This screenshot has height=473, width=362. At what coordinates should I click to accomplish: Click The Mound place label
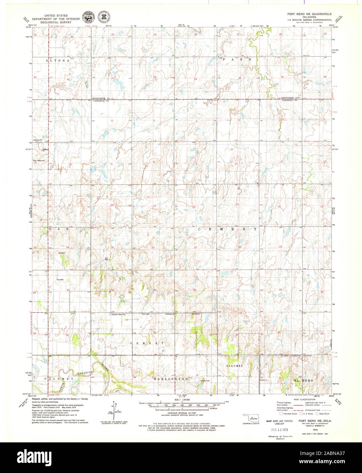(38, 161)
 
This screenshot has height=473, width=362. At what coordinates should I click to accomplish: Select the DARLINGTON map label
(171, 379)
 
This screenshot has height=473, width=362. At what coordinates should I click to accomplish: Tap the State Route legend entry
(324, 414)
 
